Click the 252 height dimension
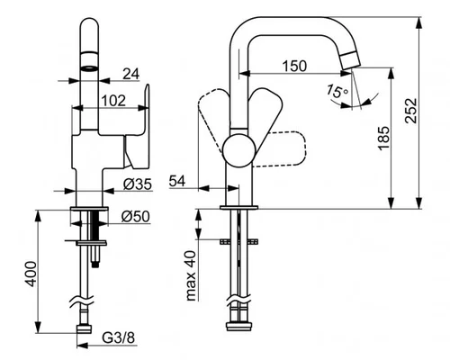[x=410, y=110]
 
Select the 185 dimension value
[x=383, y=138]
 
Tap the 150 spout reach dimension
[x=294, y=66]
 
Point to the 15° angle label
[x=337, y=91]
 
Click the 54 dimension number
[x=177, y=181]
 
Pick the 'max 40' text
[x=191, y=276]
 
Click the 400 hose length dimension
[x=30, y=274]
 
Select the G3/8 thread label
[x=119, y=338]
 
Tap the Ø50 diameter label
[x=136, y=217]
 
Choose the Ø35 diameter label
[x=138, y=184]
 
